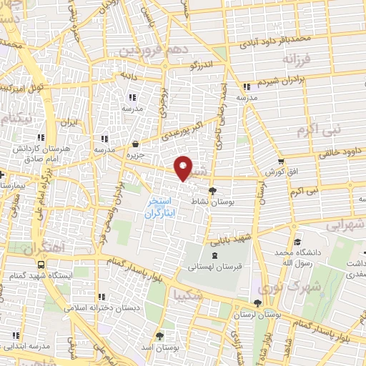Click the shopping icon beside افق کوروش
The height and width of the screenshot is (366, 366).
coord(282,162)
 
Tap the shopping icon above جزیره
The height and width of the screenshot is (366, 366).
coord(136,144)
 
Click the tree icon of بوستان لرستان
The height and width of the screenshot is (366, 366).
coord(256,302)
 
